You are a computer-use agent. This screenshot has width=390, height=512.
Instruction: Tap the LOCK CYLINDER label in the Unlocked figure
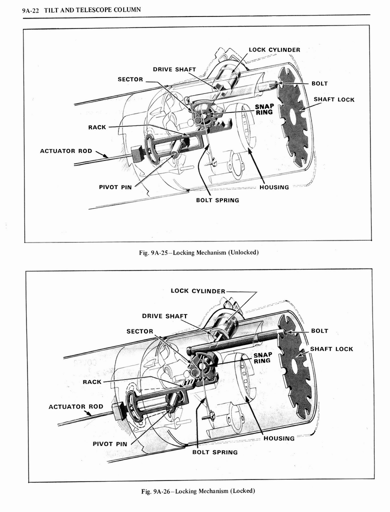pos(274,49)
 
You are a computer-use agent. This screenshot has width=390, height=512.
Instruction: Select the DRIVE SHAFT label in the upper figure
pos(174,69)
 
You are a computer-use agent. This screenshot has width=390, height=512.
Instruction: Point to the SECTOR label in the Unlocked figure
pos(130,79)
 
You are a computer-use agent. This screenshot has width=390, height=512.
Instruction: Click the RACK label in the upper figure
pos(97,127)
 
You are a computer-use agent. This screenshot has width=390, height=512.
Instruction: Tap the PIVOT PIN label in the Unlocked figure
pos(115,187)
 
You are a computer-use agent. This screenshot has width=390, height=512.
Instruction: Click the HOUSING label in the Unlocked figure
pos(274,187)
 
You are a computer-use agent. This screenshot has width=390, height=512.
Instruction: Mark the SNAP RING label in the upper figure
pos(264,109)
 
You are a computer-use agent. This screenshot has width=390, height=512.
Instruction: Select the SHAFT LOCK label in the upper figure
pos(334,99)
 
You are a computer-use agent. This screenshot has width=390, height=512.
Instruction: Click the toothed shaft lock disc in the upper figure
pos(293,117)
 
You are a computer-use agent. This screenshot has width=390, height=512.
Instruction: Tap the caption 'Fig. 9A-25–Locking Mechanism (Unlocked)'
pos(198,252)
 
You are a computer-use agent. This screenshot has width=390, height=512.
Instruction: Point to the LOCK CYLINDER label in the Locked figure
pos(198,290)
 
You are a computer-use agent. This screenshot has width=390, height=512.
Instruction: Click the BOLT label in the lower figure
pos(319,330)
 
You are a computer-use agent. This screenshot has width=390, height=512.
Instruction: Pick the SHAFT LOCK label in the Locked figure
pos(331,348)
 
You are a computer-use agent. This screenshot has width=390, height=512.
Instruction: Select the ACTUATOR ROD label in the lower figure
pos(75,406)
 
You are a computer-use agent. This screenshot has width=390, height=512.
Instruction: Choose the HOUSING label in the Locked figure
pos(278,438)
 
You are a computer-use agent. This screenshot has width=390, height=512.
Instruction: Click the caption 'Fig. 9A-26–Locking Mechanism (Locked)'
pos(198,490)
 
